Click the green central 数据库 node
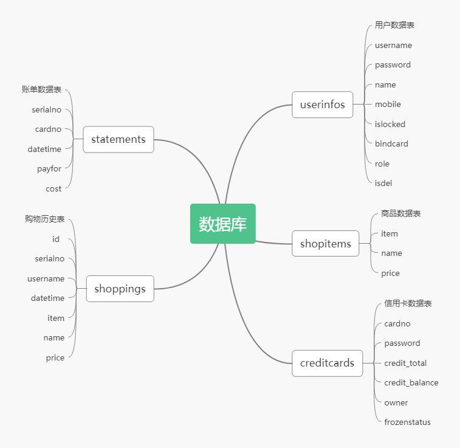pyautogui.click(x=222, y=224)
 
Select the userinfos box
pyautogui.click(x=322, y=105)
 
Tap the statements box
pyautogui.click(x=118, y=139)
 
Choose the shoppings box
pyautogui.click(x=120, y=289)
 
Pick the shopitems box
pyautogui.click(x=325, y=244)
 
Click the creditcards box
pyautogui.click(x=327, y=363)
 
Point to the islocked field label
pyautogui.click(x=390, y=124)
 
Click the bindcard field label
pyautogui.click(x=391, y=144)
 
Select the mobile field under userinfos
pyautogui.click(x=388, y=105)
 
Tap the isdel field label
pyautogui.click(x=383, y=183)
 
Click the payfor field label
pyautogui.click(x=49, y=169)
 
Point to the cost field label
pyautogui.click(x=53, y=188)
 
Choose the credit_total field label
pyautogui.click(x=405, y=363)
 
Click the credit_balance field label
pyautogui.click(x=411, y=382)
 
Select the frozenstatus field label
pyautogui.click(x=407, y=422)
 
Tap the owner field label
pyautogui.click(x=396, y=402)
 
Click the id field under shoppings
pyautogui.click(x=56, y=239)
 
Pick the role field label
pyautogui.click(x=382, y=164)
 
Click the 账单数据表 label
pyautogui.click(x=41, y=89)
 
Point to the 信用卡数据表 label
pyautogui.click(x=408, y=303)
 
